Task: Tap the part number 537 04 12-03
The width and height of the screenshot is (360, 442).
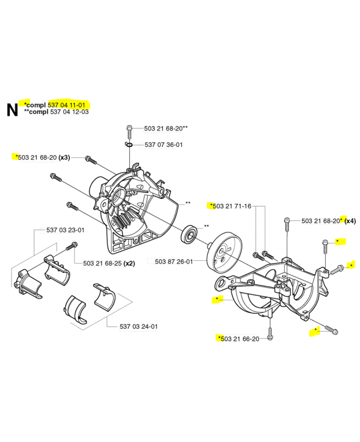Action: click(68, 112)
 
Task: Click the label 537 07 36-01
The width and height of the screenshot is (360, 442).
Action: click(163, 145)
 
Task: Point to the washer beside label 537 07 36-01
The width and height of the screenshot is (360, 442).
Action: click(129, 145)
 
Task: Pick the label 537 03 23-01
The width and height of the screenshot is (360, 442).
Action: click(66, 230)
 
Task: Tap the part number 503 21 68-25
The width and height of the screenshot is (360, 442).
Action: click(102, 262)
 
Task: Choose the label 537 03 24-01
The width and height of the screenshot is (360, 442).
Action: click(139, 326)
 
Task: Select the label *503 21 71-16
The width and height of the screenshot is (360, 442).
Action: click(230, 206)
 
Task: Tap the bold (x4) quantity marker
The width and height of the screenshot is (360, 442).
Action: click(350, 220)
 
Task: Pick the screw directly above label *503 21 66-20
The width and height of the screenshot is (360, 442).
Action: click(269, 331)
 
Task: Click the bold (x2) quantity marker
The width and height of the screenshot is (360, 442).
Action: click(129, 262)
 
